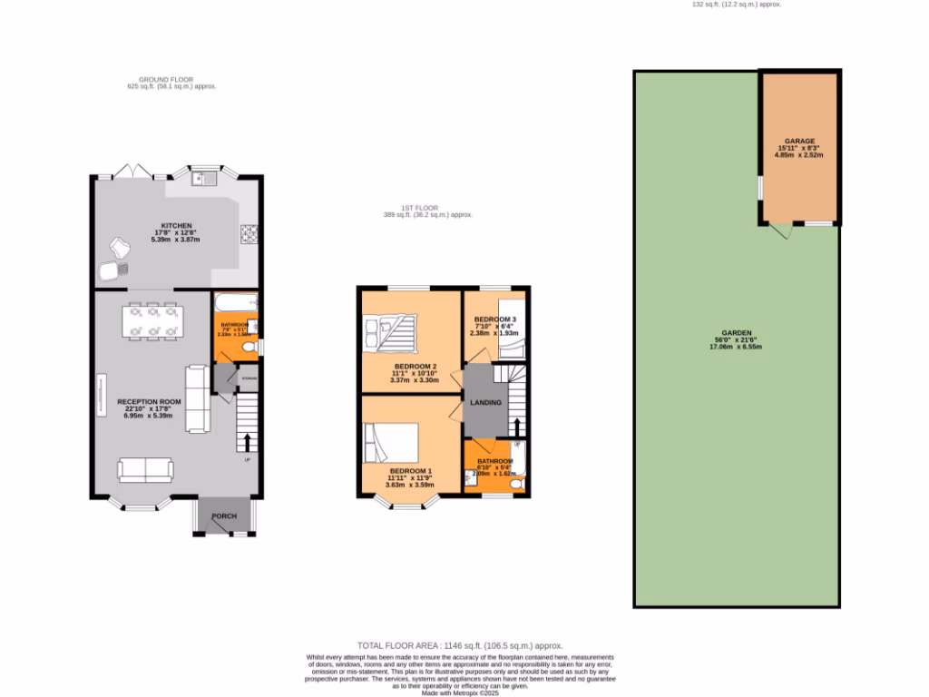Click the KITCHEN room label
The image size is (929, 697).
click(x=176, y=225)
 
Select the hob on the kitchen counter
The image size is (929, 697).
click(x=249, y=235)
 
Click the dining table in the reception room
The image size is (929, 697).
click(x=152, y=322)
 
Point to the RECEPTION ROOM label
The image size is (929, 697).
click(x=149, y=401)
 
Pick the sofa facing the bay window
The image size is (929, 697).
click(x=145, y=469)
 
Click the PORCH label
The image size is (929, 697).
click(x=224, y=516)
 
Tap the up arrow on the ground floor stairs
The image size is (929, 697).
click(x=247, y=442)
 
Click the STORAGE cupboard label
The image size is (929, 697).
click(x=249, y=378)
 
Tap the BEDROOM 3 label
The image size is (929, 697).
click(x=495, y=319)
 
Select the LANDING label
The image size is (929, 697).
click(x=485, y=403)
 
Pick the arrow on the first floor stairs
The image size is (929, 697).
click(x=518, y=427)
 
